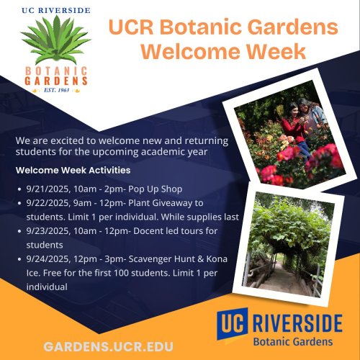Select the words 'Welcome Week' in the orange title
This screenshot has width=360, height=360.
[222, 53]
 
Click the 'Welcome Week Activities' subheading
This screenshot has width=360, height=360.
[73, 171]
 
